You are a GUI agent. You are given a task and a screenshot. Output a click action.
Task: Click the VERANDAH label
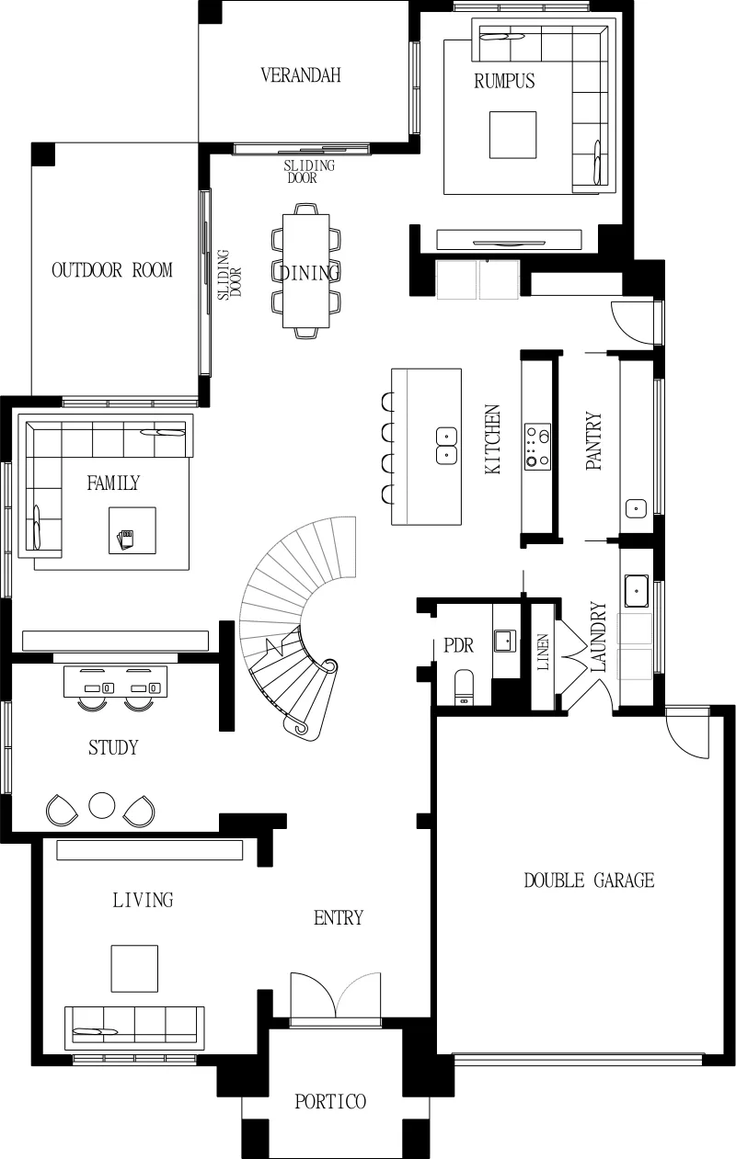[301, 75]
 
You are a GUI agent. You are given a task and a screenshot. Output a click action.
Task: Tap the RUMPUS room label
[504, 81]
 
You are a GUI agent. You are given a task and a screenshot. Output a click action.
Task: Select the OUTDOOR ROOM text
[112, 270]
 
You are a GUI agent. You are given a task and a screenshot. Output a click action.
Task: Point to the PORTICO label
[330, 1102]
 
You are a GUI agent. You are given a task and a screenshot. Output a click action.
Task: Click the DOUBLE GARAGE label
[589, 881]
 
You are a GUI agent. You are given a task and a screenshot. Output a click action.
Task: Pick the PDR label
[459, 646]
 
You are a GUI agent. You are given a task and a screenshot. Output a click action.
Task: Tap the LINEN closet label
[543, 652]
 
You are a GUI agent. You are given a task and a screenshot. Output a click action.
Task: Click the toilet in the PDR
[464, 687]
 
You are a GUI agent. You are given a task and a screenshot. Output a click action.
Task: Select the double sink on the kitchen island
[446, 446]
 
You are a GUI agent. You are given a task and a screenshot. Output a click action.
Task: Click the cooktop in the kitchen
[537, 447]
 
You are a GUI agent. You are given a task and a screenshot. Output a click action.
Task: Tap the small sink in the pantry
[636, 508]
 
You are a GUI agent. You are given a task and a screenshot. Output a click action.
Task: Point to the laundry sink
[636, 590]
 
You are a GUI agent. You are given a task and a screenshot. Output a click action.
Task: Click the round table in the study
[102, 805]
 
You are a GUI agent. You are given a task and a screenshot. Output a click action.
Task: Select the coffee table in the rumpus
[512, 134]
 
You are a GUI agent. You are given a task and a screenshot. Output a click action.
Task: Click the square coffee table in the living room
[134, 969]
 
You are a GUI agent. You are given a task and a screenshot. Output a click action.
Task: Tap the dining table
[306, 270]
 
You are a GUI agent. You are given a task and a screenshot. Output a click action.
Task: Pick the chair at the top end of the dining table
[306, 209]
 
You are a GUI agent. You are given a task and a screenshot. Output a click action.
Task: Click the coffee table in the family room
[132, 530]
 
